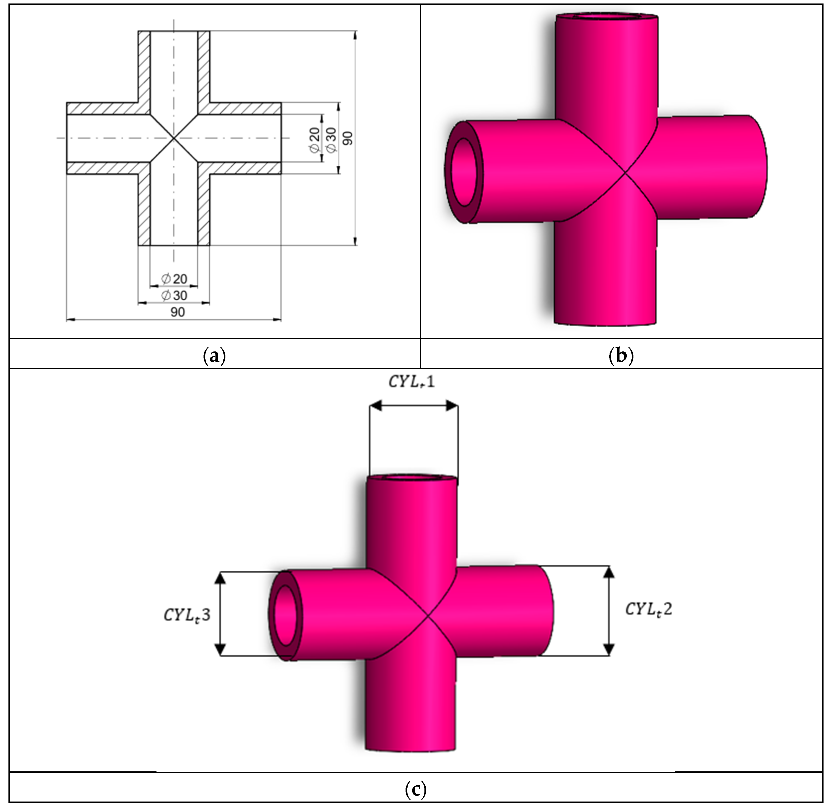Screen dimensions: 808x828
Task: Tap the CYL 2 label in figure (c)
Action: [649, 610]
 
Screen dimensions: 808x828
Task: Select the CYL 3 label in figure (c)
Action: [187, 615]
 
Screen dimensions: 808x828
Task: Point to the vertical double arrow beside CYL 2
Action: [609, 611]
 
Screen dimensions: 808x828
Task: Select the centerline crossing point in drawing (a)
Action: [173, 138]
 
